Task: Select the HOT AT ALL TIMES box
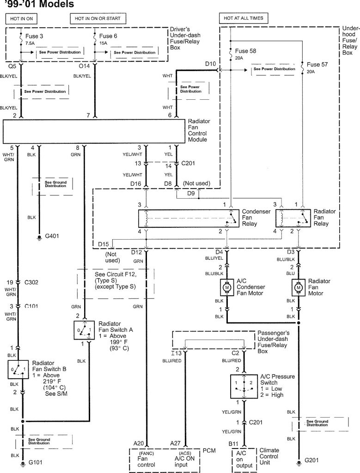243,18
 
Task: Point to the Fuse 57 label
317,65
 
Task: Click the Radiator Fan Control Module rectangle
95,132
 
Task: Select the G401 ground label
53,236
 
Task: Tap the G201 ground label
313,461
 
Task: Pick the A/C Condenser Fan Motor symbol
227,288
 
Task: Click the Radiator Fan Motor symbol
299,288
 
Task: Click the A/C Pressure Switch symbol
244,386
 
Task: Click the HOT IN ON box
21,18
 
